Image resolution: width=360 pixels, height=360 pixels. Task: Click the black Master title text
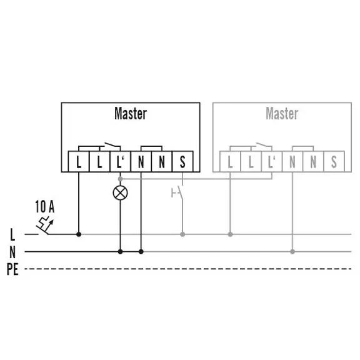[x=131, y=113]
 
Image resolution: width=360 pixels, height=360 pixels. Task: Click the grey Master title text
[x=282, y=113]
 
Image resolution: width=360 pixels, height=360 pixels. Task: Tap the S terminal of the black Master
[x=182, y=162]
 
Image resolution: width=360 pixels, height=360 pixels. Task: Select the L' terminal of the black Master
[x=120, y=162]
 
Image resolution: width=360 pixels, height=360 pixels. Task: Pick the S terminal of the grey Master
[x=334, y=162]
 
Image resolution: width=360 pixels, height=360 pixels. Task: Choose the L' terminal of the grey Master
[x=272, y=162]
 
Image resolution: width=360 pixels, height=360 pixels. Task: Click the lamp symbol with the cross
[x=120, y=193]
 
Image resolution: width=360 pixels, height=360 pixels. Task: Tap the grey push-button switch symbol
[x=178, y=193]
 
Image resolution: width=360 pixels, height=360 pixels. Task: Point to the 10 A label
[x=45, y=207]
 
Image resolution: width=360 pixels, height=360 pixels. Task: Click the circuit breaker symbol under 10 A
[x=45, y=226]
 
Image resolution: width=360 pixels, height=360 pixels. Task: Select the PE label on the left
[x=12, y=269]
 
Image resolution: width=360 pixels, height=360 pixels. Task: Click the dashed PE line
[x=188, y=269]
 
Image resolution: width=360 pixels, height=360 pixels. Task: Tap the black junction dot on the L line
[x=79, y=234]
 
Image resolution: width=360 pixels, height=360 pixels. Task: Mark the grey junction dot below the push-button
[x=182, y=234]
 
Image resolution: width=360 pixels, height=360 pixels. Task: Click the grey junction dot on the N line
[x=292, y=252]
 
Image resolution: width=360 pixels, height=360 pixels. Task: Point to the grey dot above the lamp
[x=120, y=179]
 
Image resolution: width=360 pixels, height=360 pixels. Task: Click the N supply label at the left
[x=12, y=252]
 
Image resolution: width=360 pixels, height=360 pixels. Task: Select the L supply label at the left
[x=12, y=234]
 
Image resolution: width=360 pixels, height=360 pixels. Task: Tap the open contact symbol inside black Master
[x=112, y=145]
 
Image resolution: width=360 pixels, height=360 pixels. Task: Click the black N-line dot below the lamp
[x=120, y=252]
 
